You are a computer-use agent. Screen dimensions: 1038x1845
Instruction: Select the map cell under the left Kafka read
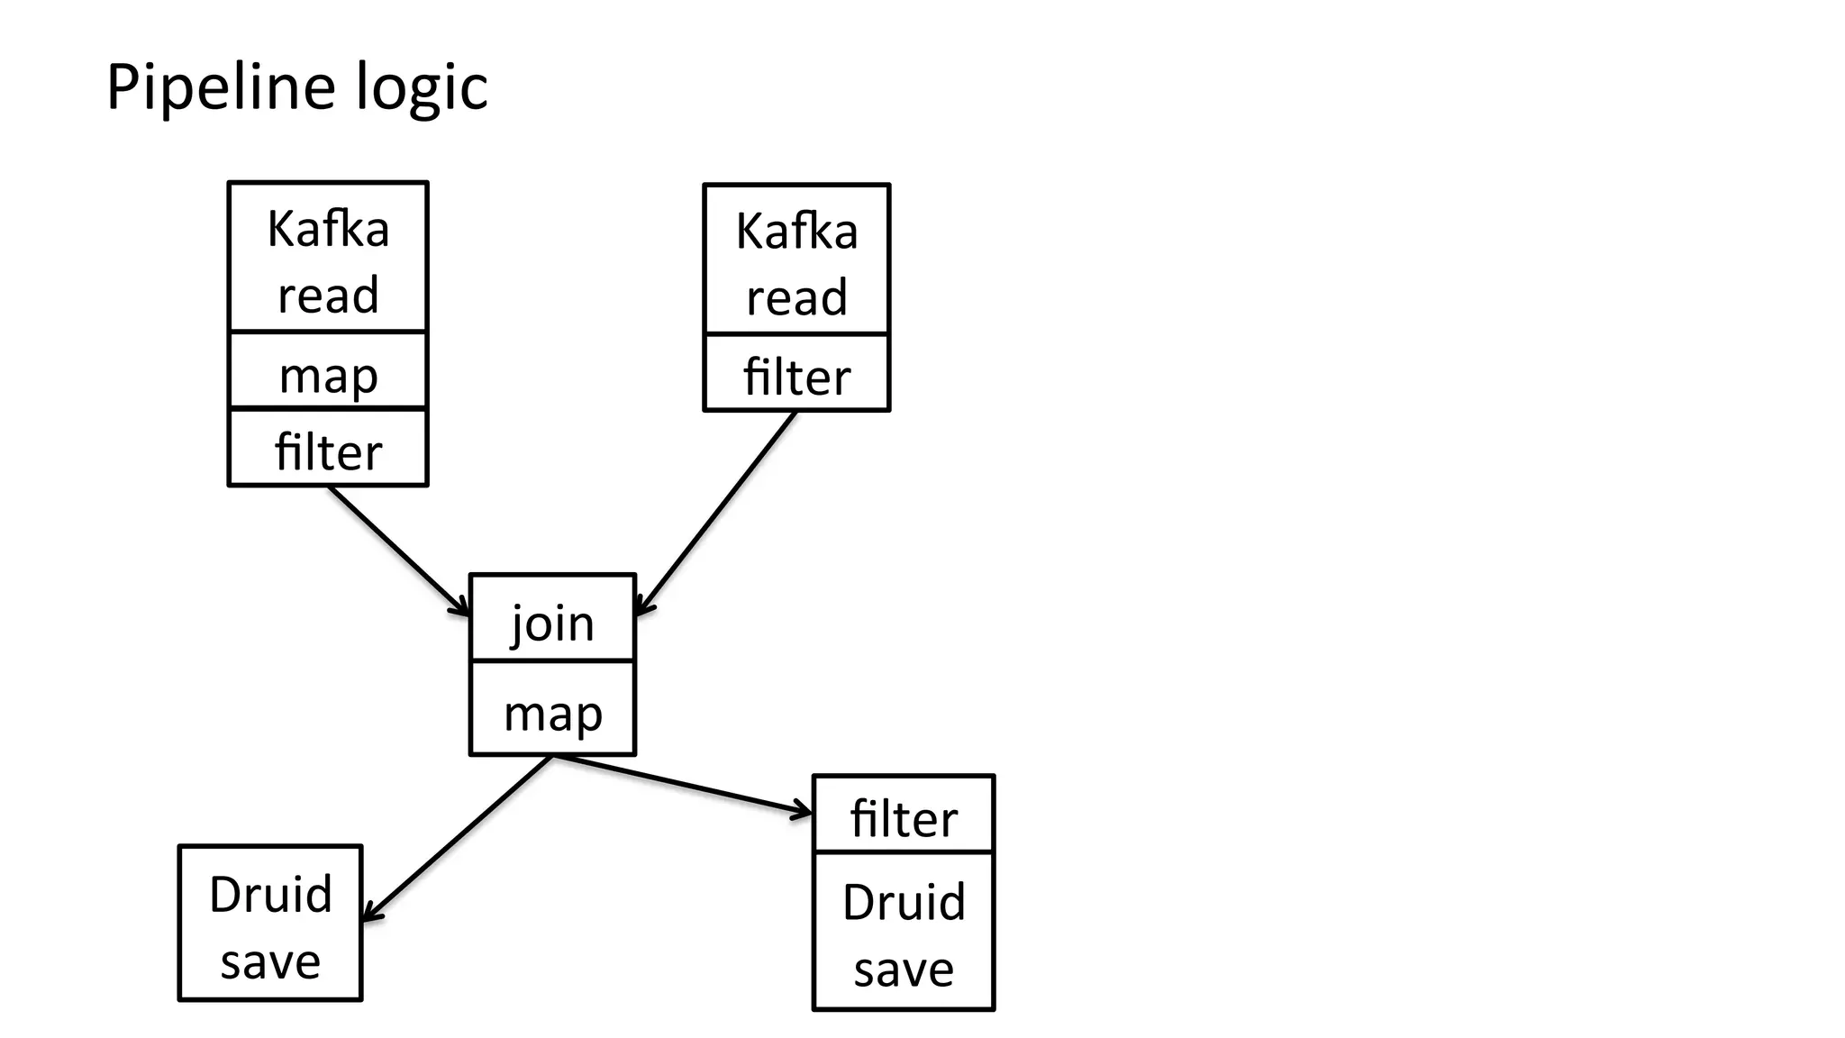click(x=328, y=371)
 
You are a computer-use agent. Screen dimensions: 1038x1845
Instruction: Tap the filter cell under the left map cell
click(x=328, y=449)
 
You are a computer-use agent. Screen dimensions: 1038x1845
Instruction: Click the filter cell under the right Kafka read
click(x=796, y=374)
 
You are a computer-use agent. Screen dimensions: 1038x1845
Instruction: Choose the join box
click(x=552, y=620)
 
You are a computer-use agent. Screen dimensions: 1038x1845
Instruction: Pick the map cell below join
click(x=552, y=710)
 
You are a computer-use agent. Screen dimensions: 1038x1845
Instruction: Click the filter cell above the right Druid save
click(x=904, y=815)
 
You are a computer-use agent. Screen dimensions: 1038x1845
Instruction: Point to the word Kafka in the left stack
click(x=328, y=229)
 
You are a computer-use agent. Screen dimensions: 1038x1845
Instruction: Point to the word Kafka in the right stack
click(x=796, y=232)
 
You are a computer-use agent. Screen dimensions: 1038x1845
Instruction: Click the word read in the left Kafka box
click(x=328, y=295)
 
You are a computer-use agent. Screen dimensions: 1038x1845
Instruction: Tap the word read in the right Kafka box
click(x=796, y=297)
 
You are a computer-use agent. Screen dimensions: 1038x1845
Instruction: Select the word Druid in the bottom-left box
click(x=270, y=894)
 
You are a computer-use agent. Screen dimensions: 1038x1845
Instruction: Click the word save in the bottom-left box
click(x=270, y=961)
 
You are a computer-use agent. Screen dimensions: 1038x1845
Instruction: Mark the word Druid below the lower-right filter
click(x=904, y=901)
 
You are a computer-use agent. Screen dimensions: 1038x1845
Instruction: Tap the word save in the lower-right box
click(x=904, y=970)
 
